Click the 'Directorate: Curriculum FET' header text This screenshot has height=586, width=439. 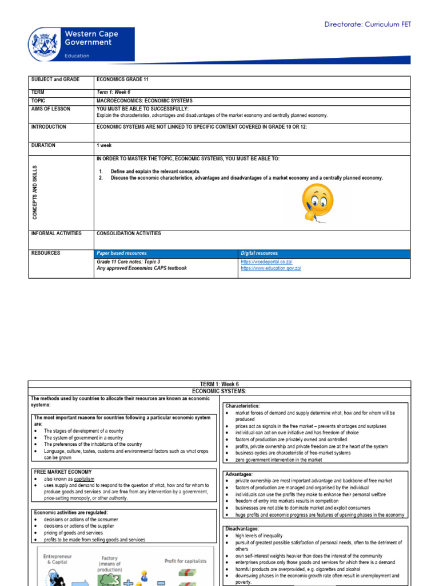pos(367,25)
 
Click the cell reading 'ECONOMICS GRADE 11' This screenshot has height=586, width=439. pos(123,80)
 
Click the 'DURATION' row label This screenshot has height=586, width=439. pos(43,145)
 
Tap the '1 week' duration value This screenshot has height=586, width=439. pos(104,145)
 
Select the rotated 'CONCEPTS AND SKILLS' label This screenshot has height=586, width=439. pos(35,192)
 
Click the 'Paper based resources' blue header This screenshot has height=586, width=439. pos(121,253)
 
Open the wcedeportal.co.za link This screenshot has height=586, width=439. pos(266,262)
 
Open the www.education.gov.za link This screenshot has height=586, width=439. pos(271,268)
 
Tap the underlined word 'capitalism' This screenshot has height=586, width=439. pos(83,478)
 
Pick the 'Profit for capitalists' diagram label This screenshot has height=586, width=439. pos(185,561)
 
